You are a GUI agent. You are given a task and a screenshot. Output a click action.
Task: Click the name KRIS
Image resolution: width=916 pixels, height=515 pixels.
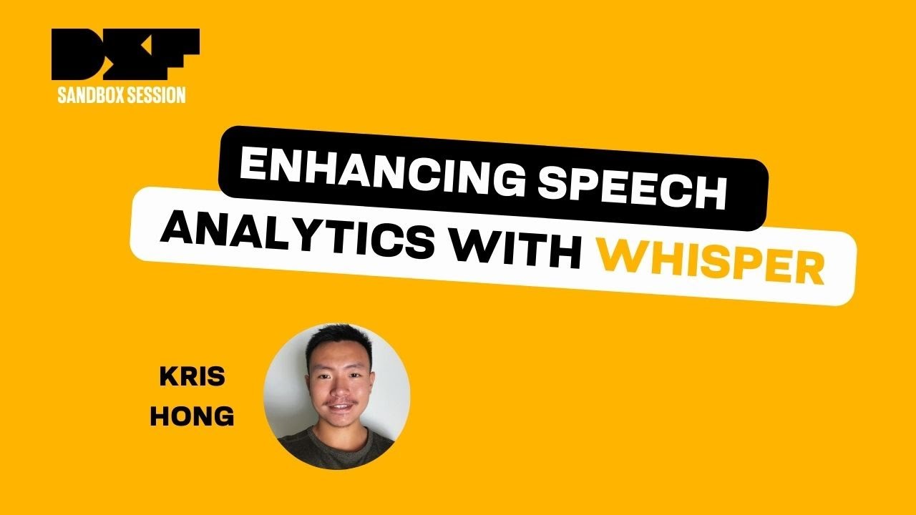click(x=192, y=377)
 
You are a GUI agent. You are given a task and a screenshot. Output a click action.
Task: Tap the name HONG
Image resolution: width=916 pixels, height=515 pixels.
click(x=192, y=416)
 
